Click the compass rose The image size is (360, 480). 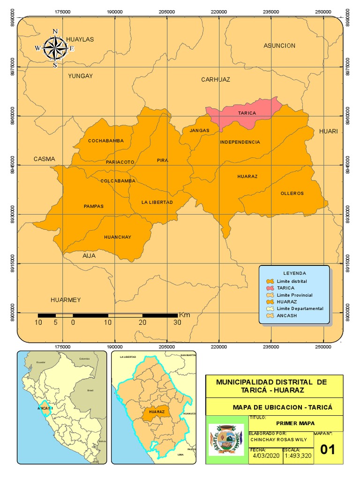point(55,48)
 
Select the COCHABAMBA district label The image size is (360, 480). point(105,141)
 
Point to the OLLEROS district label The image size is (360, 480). point(292,193)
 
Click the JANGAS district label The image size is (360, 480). point(199,130)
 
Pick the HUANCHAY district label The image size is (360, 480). point(118,237)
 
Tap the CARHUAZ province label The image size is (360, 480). point(216,80)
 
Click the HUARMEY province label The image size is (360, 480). point(66,300)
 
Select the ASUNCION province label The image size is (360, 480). point(279,45)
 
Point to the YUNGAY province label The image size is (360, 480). point(80,76)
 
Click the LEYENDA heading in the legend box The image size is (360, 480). point(294,273)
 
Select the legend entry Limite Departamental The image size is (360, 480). point(300,308)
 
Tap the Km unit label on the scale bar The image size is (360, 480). point(184,315)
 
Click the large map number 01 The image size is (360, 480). point(328,449)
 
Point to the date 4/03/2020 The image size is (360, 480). point(265,455)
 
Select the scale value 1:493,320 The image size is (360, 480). point(297,455)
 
